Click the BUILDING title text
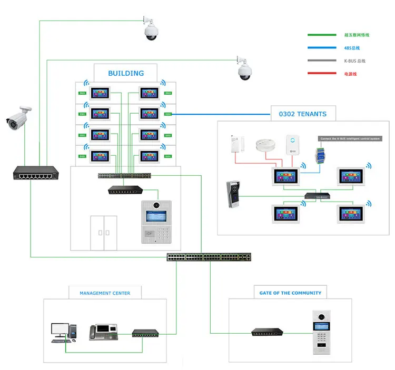click(126, 73)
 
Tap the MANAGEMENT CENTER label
click(105, 293)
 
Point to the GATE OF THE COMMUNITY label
click(290, 293)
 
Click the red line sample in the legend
click(322, 74)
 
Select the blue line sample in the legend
click(322, 48)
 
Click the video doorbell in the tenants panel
click(232, 195)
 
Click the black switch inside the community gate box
click(269, 332)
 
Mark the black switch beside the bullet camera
click(35, 173)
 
